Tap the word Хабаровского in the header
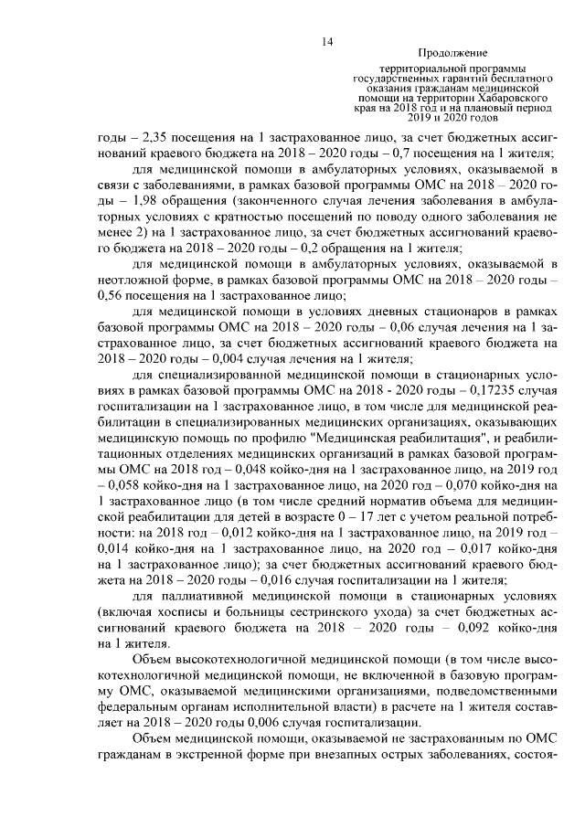click(x=502, y=95)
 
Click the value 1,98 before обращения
click(x=135, y=200)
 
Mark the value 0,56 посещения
click(x=111, y=294)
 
